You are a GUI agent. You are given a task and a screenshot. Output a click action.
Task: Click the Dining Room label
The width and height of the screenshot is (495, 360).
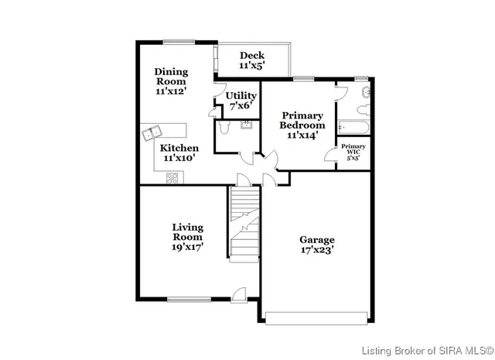[x=171, y=81]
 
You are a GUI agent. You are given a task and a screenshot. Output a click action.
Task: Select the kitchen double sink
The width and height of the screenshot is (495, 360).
[x=151, y=133]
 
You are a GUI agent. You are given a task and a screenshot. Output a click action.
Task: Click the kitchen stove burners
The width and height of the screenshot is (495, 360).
[x=172, y=179]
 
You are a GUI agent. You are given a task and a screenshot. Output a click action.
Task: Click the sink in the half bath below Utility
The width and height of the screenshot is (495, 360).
[x=246, y=125]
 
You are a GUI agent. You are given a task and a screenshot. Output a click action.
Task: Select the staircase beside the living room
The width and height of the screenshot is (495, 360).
[x=245, y=225]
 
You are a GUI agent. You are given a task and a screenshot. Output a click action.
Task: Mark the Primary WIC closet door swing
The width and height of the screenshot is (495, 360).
[x=331, y=154]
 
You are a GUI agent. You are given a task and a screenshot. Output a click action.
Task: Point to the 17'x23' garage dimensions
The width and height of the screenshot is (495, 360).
[x=317, y=249]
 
